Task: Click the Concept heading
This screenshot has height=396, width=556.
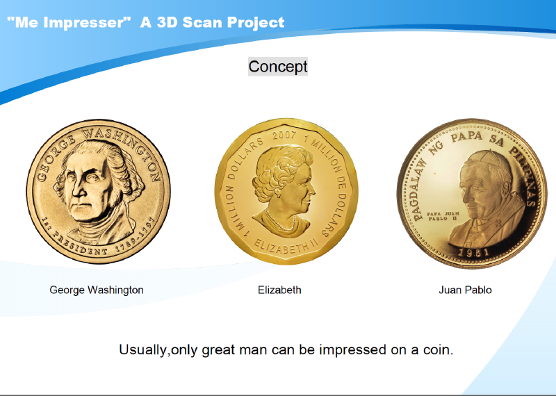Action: [x=277, y=67]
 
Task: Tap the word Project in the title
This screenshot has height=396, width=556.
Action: [x=256, y=22]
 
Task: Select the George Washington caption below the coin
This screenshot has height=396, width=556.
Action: [x=97, y=290]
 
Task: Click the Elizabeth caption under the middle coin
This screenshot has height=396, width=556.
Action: [x=279, y=290]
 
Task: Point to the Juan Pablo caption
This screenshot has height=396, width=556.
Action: [x=465, y=290]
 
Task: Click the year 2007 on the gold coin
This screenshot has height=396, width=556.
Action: [x=284, y=135]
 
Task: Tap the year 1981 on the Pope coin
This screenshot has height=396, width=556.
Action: [x=474, y=252]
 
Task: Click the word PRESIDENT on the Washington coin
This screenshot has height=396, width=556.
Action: [x=78, y=245]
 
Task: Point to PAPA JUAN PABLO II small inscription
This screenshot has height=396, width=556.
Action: [x=443, y=216]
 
